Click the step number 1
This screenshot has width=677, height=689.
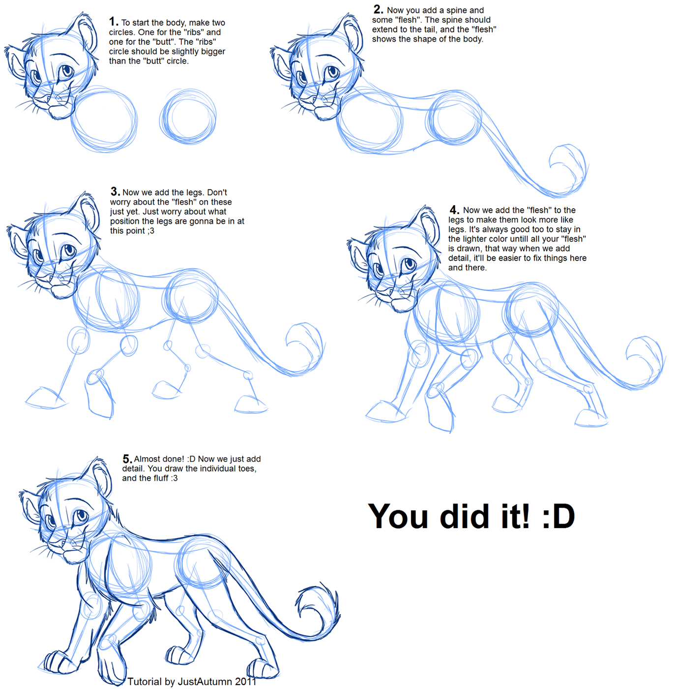[113, 22]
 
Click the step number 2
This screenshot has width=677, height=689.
[378, 9]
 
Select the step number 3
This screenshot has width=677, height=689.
[115, 191]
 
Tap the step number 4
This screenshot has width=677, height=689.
[454, 210]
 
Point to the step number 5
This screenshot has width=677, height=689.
[127, 459]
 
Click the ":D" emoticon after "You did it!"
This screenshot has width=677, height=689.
[559, 517]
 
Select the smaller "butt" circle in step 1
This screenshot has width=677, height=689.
[188, 117]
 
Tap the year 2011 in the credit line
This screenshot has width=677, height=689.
[245, 682]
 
